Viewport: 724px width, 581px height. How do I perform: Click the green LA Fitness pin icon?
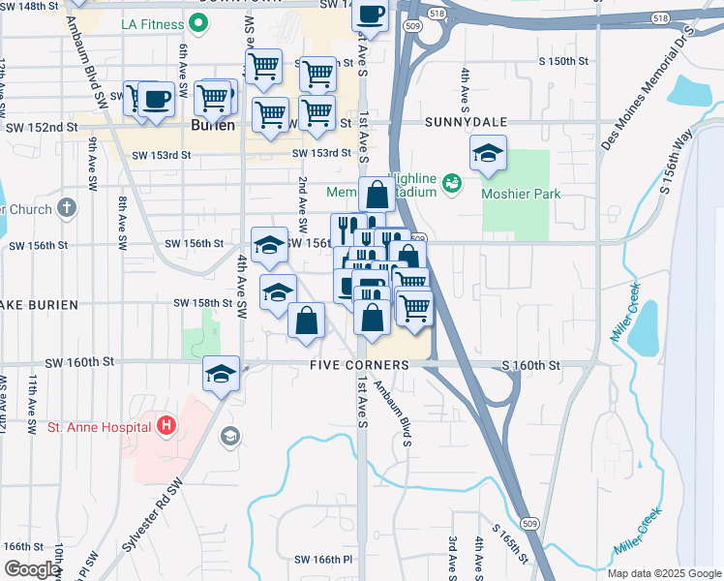[198, 24]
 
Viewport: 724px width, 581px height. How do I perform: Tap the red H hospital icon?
[166, 424]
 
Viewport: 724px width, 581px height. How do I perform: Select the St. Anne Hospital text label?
[95, 426]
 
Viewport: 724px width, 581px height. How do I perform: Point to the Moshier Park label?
[521, 194]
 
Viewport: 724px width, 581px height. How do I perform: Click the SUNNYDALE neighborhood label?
[460, 124]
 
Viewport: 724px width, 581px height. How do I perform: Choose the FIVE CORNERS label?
[359, 365]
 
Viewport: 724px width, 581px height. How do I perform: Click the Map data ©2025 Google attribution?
[663, 573]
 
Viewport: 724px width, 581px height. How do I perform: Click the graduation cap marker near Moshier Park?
[489, 153]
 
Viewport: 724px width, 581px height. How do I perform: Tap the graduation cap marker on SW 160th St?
[221, 373]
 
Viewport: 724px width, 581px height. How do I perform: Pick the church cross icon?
[66, 207]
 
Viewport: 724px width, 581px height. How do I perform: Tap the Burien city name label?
[207, 126]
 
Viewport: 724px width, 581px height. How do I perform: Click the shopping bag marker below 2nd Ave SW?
[306, 321]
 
